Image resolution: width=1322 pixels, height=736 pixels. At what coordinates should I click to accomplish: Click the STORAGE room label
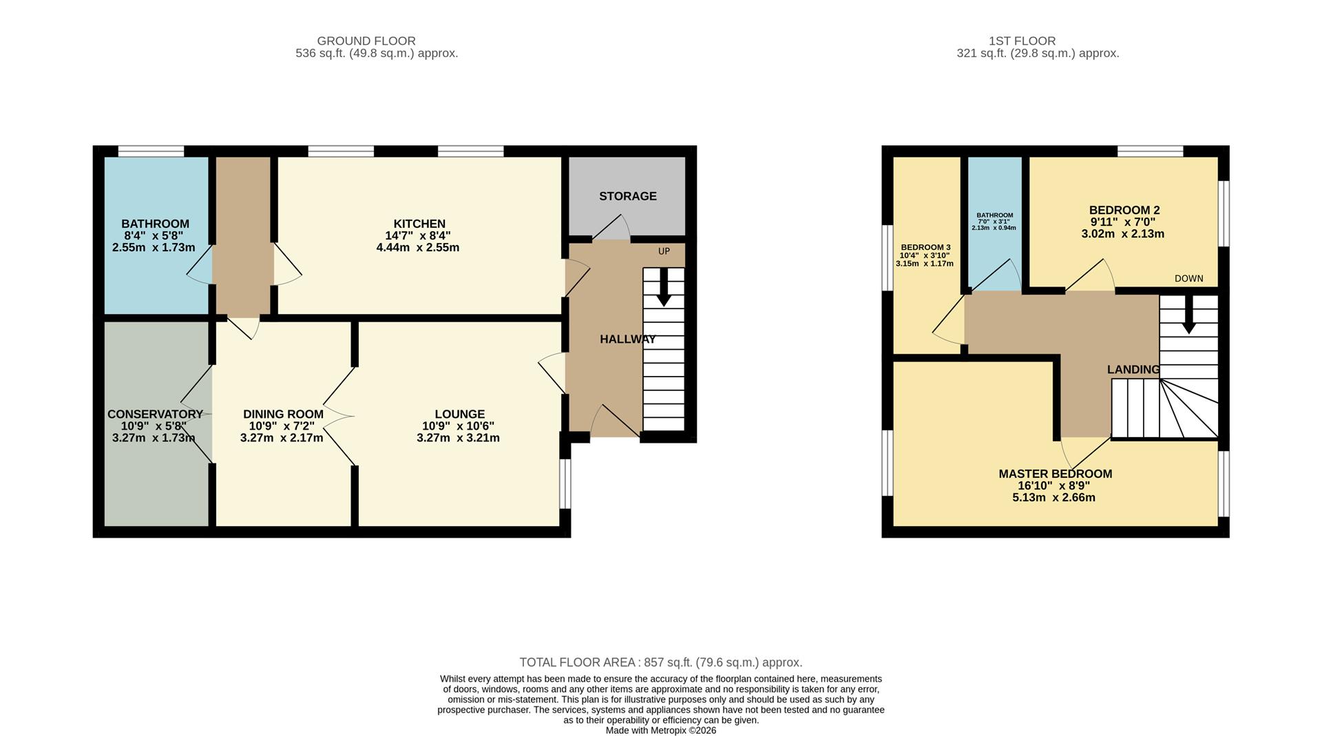coord(627,196)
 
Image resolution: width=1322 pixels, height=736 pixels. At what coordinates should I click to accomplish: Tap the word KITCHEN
coord(419,224)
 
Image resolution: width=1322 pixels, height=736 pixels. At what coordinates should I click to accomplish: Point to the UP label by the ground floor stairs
coord(664,251)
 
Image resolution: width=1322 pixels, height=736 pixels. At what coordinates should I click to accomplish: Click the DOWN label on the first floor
coord(1188,279)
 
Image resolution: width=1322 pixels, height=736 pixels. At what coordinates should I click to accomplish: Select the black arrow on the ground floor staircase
coord(664,288)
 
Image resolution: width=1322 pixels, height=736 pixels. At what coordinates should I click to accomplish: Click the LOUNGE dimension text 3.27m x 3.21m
coord(458,438)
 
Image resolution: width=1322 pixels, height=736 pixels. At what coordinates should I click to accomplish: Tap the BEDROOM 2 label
coord(1124,210)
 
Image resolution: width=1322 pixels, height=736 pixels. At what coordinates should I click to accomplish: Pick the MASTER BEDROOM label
coord(1055,474)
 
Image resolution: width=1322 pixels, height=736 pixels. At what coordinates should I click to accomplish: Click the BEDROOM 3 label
coord(925,247)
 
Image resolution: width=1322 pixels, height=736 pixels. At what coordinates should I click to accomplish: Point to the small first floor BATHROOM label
coord(994,215)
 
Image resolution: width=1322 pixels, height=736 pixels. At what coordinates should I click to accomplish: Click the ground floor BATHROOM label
coord(155,224)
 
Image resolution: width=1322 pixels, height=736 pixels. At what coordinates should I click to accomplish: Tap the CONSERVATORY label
coord(155,414)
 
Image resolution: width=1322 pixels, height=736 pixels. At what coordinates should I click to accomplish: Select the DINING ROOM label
coord(283,414)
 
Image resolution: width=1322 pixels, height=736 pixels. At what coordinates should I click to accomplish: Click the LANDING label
coord(1133,370)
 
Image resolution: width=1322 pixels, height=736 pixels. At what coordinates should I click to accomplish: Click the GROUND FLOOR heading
coord(366,41)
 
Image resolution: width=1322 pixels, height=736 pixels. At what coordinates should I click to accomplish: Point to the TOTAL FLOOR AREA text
coord(660,662)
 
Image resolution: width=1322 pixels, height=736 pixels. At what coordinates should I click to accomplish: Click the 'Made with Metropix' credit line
coord(660,730)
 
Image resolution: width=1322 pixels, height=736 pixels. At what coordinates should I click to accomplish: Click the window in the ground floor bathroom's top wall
coord(151,151)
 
